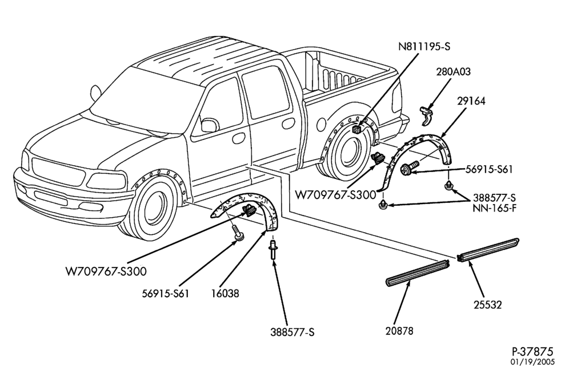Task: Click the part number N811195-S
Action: point(424,47)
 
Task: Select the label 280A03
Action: point(453,72)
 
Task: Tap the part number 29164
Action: point(471,101)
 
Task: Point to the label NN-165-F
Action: point(494,209)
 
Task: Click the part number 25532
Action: point(487,305)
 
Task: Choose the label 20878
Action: point(399,331)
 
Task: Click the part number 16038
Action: point(225,293)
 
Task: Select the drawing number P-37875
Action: point(532,352)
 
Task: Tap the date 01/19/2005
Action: point(532,362)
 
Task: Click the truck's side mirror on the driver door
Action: point(209,125)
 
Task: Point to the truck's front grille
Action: point(58,171)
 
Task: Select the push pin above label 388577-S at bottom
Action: point(272,250)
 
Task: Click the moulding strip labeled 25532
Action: point(488,250)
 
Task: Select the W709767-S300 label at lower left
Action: point(106,271)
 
